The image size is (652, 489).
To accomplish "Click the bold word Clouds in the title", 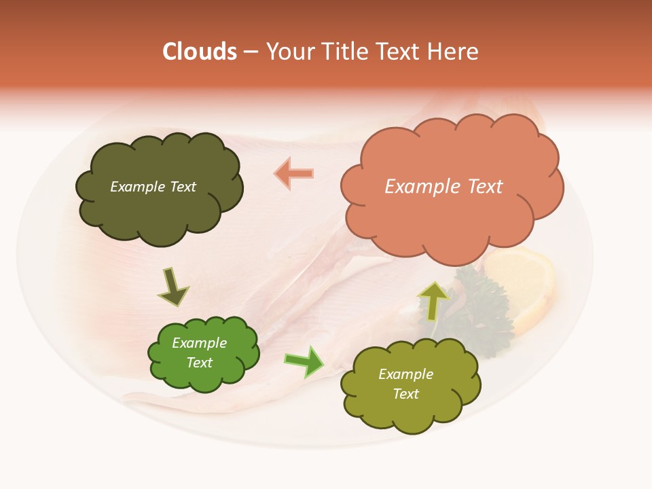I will point(199,52).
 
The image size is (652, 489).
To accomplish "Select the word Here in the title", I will point(454,52).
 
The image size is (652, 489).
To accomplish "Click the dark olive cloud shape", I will point(159,187).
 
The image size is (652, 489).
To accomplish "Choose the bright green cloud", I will point(203,353).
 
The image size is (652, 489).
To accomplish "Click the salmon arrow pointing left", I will point(294,174).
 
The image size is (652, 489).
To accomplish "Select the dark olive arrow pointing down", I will point(173,287).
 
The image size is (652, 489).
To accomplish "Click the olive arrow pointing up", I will point(433,301).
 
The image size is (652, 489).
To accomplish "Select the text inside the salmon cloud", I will point(443,186).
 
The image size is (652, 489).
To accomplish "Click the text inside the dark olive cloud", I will point(153,187).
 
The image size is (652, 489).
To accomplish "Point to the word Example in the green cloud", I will point(199,343).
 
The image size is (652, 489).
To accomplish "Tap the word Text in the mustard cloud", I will point(405,394).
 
